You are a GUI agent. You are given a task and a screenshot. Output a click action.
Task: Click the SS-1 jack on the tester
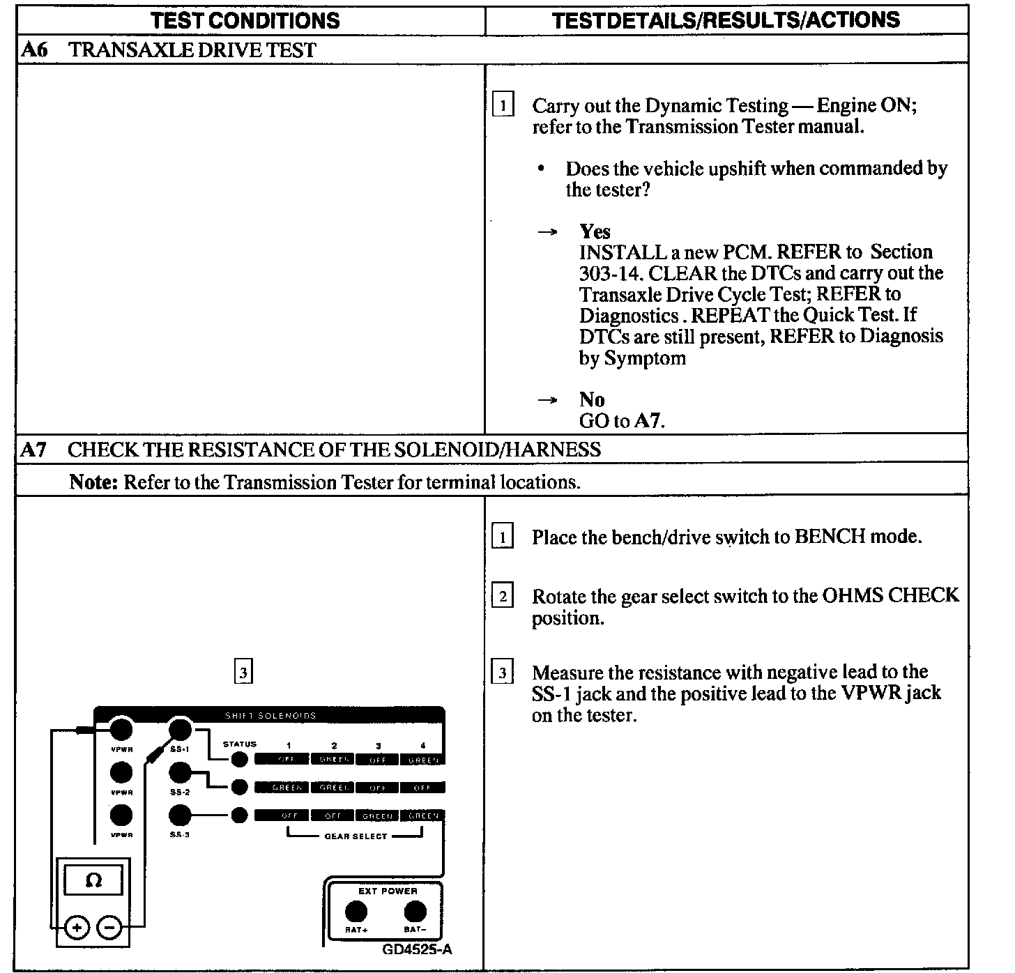click(181, 730)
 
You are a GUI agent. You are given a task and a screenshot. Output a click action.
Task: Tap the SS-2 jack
click(181, 772)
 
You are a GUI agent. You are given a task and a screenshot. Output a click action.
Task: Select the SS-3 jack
click(181, 815)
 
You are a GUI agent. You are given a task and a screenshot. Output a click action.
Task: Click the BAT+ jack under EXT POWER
click(356, 911)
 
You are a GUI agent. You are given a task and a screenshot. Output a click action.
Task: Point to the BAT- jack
click(415, 911)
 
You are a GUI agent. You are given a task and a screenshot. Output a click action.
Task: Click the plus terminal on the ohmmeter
click(77, 927)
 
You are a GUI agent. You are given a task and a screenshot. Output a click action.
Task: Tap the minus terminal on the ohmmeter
click(109, 927)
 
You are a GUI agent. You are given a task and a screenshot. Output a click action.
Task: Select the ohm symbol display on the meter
click(93, 880)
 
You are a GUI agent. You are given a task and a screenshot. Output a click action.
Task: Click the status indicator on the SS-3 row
click(239, 815)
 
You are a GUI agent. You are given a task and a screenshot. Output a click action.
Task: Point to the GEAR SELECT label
click(356, 836)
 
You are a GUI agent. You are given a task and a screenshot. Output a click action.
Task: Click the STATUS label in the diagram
click(240, 744)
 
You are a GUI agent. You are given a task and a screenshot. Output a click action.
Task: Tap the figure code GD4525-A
click(417, 949)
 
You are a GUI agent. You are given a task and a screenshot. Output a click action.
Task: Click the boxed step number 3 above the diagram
click(243, 673)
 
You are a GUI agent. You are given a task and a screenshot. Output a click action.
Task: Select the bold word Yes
click(595, 231)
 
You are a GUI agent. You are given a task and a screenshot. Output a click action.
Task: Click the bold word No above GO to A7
click(592, 399)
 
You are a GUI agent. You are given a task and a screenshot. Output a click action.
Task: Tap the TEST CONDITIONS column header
click(245, 20)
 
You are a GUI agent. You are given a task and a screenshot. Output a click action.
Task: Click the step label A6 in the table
click(33, 50)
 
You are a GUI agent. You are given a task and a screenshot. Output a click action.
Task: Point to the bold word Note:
click(93, 482)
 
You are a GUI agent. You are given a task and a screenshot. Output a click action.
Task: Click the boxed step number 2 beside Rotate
click(503, 597)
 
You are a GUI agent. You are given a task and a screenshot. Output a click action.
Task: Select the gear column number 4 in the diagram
click(422, 745)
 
